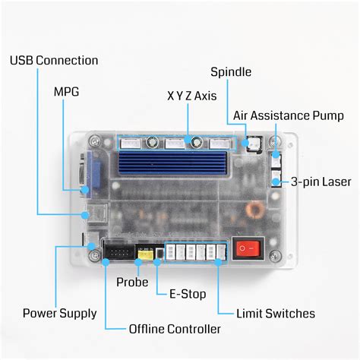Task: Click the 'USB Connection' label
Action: [x=54, y=60]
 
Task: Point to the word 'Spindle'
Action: [x=232, y=73]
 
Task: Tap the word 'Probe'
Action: [x=133, y=282]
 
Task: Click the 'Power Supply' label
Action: [x=59, y=313]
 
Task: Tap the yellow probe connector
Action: [x=144, y=254]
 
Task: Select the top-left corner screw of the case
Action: [x=94, y=141]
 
